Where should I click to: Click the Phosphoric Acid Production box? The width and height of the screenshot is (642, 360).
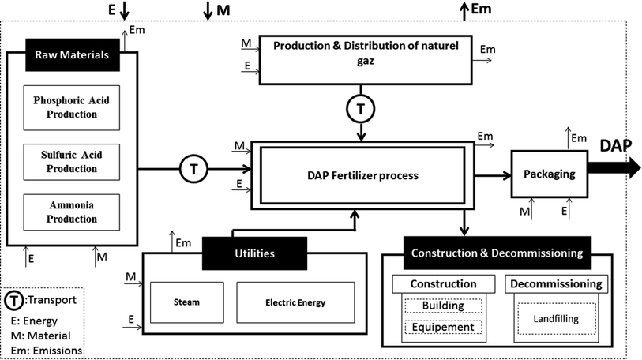(71, 107)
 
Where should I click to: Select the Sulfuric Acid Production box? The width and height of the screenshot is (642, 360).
(71, 161)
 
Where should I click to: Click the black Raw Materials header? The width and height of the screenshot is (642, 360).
(72, 55)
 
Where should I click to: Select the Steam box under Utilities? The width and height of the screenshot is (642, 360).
(186, 302)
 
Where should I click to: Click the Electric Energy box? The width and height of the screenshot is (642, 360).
(295, 302)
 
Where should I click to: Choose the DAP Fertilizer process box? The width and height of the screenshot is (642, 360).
(362, 174)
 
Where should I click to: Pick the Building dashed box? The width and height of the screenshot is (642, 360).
(442, 306)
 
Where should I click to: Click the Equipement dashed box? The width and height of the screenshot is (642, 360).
(442, 327)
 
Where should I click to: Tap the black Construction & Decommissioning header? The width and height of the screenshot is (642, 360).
(497, 253)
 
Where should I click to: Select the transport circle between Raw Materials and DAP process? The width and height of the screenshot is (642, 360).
(192, 167)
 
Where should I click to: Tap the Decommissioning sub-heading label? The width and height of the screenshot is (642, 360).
(554, 283)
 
